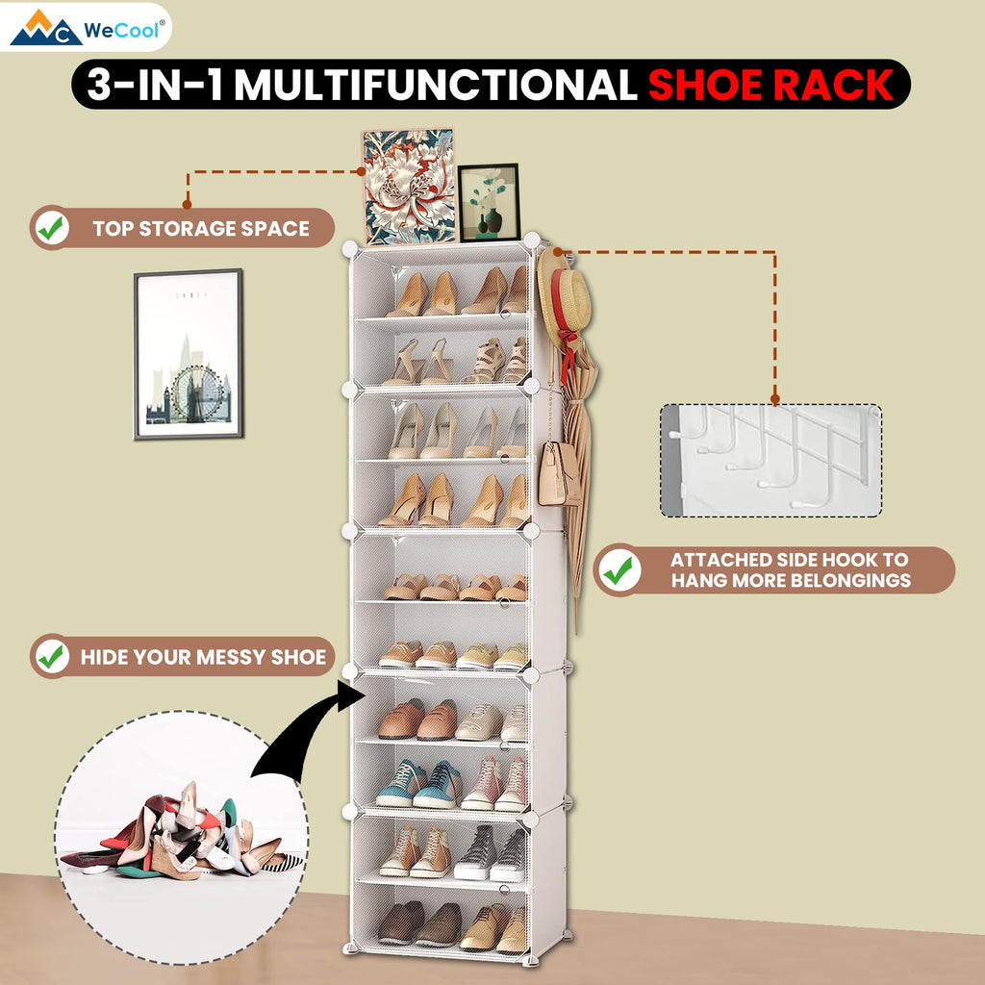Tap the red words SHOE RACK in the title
tap(771, 85)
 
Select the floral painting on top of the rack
tap(409, 187)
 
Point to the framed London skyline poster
tap(189, 354)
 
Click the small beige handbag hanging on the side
tap(558, 474)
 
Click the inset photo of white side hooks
tap(770, 461)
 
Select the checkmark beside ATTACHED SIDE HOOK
tap(619, 569)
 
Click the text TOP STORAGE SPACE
tap(201, 228)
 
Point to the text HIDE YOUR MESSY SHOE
tap(203, 657)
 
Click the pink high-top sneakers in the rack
tap(495, 784)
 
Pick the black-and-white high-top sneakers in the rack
tap(491, 853)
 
